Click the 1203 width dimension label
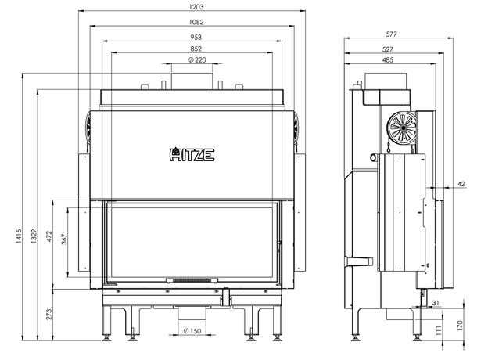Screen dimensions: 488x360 coord(196,7)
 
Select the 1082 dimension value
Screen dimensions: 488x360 coord(196,22)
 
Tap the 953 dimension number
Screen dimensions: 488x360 coord(196,38)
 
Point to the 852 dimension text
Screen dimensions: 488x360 coord(196,49)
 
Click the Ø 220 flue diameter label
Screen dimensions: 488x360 coord(197,59)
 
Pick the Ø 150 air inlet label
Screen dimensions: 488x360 coord(192,331)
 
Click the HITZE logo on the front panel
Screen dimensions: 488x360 coord(192,154)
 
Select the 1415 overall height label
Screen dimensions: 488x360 coord(19,236)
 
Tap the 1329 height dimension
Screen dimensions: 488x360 coord(34,236)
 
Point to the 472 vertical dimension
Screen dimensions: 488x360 coord(49,236)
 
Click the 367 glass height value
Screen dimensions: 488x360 coord(64,239)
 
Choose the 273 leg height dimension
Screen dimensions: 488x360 coord(48,315)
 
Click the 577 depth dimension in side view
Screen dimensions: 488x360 coord(391,34)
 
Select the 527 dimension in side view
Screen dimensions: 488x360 coord(387,49)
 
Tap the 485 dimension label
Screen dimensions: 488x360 coord(387,59)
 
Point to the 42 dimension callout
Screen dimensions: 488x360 coord(461,184)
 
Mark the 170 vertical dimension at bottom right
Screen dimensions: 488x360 coord(461,326)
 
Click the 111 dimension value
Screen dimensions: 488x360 coord(439,330)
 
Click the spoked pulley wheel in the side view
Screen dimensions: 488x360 coord(403,128)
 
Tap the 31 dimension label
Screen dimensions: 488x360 coord(436,303)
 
